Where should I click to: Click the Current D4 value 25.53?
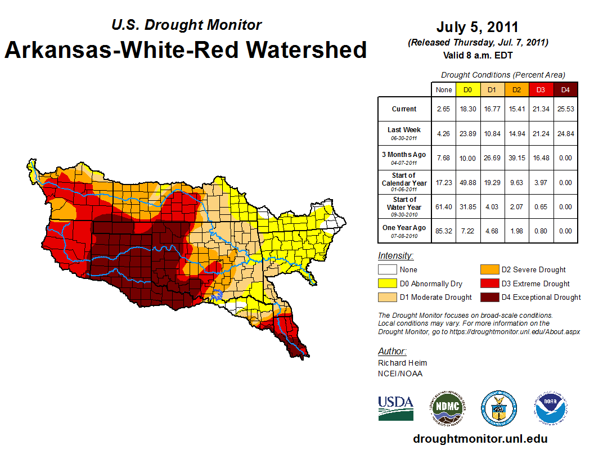tap(566, 109)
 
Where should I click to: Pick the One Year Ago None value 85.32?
tap(443, 231)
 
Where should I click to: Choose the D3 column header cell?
tap(541, 90)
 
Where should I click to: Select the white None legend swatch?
tap(386, 270)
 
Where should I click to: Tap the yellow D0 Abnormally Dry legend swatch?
tap(386, 283)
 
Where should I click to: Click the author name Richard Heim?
tap(402, 363)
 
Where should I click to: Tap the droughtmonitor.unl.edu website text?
tap(480, 439)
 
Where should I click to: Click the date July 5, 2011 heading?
tap(477, 27)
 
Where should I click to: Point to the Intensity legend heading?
tap(395, 256)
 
